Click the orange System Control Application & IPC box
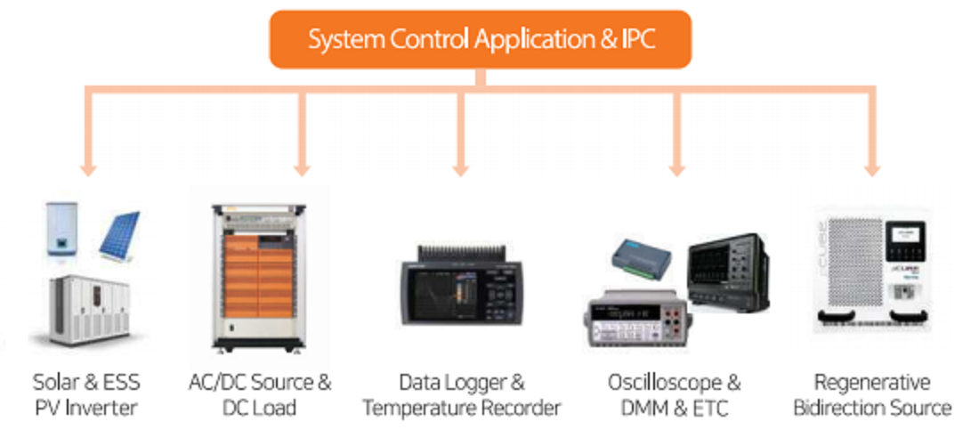pyautogui.click(x=480, y=39)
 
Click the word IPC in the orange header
pyautogui.click(x=637, y=39)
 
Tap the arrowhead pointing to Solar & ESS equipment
pyautogui.click(x=89, y=169)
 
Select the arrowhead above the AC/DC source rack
pyautogui.click(x=303, y=169)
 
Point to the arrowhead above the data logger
pyautogui.click(x=461, y=169)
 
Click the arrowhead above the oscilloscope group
pyautogui.click(x=677, y=169)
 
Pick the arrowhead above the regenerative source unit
pyautogui.click(x=872, y=169)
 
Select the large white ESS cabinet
pyautogui.click(x=89, y=309)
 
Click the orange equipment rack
pyautogui.click(x=258, y=277)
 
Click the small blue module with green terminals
pyautogui.click(x=640, y=257)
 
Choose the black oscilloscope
pyautogui.click(x=728, y=273)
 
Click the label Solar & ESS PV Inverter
pyautogui.click(x=86, y=395)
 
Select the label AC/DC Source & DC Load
pyautogui.click(x=260, y=395)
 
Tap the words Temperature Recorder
pyautogui.click(x=462, y=409)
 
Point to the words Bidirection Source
pyautogui.click(x=872, y=409)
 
